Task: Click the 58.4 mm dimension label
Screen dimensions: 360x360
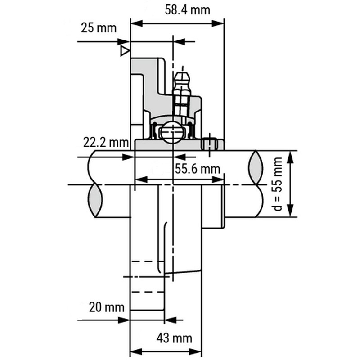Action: pos(187,10)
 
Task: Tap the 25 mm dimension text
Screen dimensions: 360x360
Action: pos(99,28)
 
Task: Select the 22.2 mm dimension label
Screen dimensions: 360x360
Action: pos(106,142)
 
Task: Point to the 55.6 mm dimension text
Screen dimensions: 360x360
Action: pos(198,169)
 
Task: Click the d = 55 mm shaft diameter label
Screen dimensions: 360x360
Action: pos(278,184)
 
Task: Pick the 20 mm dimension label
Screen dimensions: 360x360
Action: pos(107,307)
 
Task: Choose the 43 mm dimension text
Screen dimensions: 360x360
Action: pos(174,338)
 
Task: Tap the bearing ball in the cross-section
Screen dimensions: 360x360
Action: pos(172,132)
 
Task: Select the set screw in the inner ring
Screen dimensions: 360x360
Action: pos(209,144)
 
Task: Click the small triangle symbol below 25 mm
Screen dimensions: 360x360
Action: pos(125,51)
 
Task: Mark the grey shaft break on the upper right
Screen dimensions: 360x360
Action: pos(256,167)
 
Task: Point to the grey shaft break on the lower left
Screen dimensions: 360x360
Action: pos(95,201)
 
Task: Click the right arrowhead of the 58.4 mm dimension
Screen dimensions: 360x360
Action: pos(218,23)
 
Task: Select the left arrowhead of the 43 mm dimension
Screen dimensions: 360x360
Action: pos(136,351)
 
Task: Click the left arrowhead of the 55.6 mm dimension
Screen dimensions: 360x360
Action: pos(141,180)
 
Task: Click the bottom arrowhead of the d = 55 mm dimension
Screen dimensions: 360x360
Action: pos(291,211)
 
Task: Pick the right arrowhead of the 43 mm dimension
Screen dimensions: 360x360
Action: pos(196,351)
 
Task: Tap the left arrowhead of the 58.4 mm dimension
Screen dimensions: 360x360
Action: pos(137,23)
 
